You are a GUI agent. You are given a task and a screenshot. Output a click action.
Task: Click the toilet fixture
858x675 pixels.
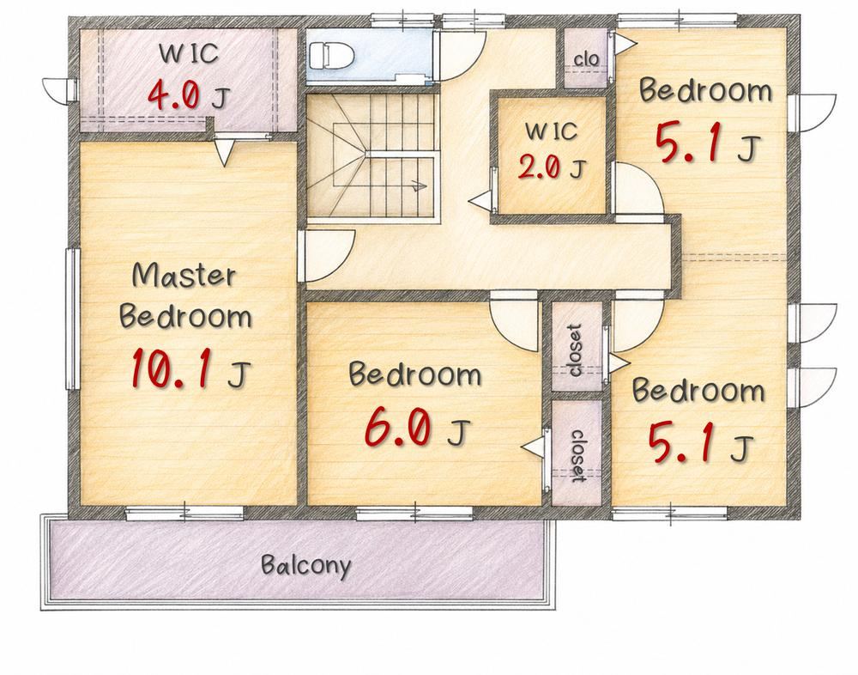332,55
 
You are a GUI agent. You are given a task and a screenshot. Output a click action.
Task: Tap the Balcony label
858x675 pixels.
306,566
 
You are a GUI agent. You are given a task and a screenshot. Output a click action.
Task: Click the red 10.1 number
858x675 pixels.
172,368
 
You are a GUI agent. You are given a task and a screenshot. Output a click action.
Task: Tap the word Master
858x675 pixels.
184,276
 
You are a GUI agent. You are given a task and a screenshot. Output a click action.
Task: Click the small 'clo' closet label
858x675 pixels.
586,58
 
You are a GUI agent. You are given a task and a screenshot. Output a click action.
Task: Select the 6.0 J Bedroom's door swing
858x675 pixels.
513,323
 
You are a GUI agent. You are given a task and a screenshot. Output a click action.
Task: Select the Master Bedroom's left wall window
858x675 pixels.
73,319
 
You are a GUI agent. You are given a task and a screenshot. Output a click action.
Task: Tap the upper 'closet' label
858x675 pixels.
576,350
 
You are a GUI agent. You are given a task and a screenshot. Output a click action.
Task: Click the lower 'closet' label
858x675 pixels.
577,455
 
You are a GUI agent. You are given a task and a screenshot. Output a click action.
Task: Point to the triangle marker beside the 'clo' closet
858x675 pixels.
622,43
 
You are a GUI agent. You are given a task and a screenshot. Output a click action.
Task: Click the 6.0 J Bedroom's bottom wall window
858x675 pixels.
414,514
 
